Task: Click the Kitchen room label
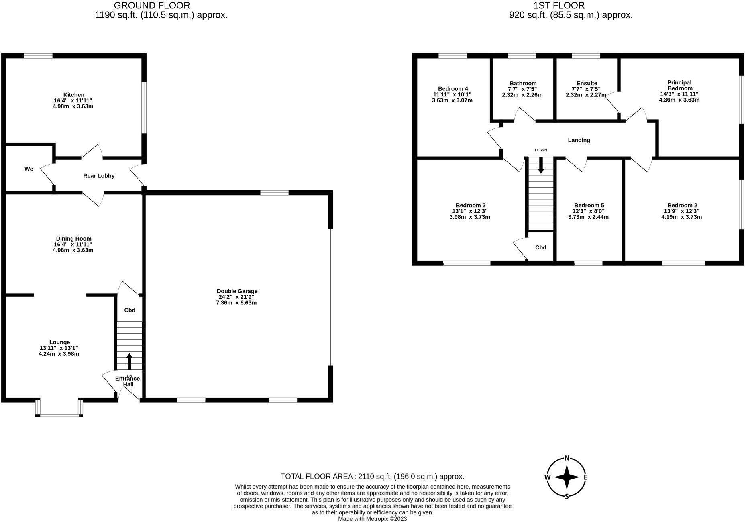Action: pyautogui.click(x=74, y=95)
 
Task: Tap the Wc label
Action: pyautogui.click(x=29, y=169)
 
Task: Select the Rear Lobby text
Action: pyautogui.click(x=99, y=176)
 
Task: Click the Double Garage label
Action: pyautogui.click(x=237, y=291)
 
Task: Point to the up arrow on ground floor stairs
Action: pyautogui.click(x=129, y=361)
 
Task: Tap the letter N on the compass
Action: pyautogui.click(x=567, y=458)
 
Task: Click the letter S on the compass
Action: pyautogui.click(x=567, y=496)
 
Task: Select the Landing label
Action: pyautogui.click(x=579, y=140)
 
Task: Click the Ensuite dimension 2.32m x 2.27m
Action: pyautogui.click(x=586, y=95)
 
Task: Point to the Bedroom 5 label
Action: pyautogui.click(x=589, y=205)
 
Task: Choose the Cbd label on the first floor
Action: pyautogui.click(x=540, y=247)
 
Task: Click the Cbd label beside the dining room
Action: pyautogui.click(x=129, y=310)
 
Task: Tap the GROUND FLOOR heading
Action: pyautogui.click(x=152, y=6)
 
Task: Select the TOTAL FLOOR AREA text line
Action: pyautogui.click(x=372, y=477)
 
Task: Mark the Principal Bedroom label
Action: pyautogui.click(x=679, y=85)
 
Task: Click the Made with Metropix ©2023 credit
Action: pyautogui.click(x=372, y=519)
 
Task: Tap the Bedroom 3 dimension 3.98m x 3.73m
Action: pyautogui.click(x=469, y=217)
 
